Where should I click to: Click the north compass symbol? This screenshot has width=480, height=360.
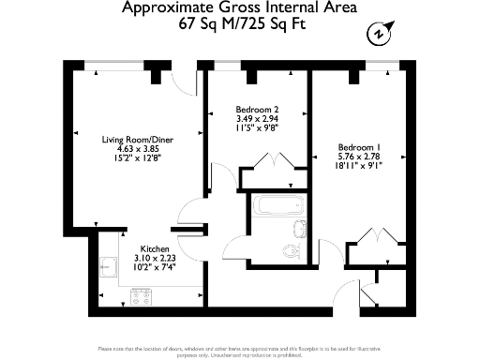[x=377, y=35]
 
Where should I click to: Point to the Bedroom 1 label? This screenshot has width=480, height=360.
[x=359, y=148]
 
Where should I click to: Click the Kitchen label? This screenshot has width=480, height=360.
[x=155, y=249]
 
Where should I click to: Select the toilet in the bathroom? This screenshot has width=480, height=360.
[x=291, y=249]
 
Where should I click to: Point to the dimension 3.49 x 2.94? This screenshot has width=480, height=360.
[x=257, y=119]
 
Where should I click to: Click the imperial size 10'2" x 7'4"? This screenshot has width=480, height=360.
[x=155, y=267]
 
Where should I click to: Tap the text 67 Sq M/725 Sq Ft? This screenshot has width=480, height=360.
[x=239, y=26]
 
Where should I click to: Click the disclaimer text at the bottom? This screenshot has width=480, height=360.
[x=240, y=350]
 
